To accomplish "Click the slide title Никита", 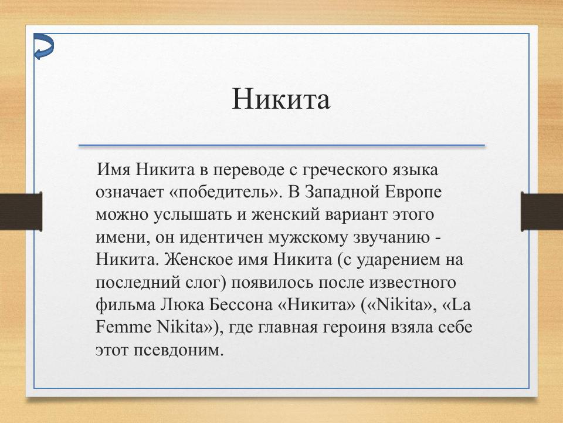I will [x=281, y=99].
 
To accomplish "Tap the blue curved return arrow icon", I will [x=43, y=47].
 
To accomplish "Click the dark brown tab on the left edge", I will [x=21, y=211].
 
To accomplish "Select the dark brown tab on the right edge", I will [x=542, y=211].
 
